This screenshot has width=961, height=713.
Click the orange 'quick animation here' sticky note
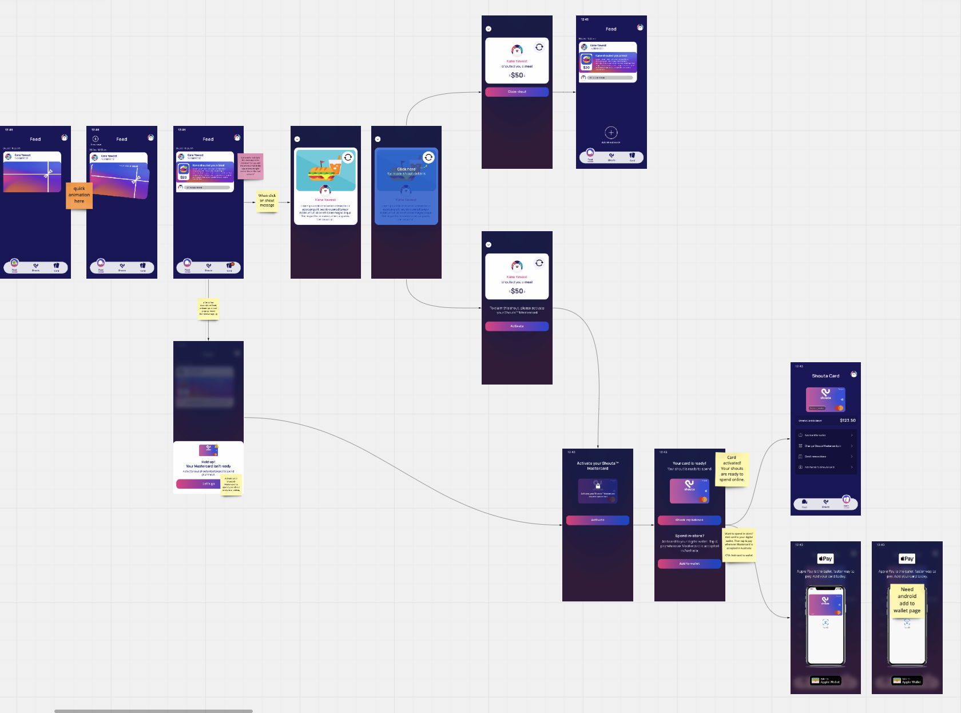pos(79,195)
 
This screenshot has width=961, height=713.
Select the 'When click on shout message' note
pos(267,200)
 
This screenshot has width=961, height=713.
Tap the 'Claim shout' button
pos(517,92)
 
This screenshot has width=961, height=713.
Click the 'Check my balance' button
pos(689,520)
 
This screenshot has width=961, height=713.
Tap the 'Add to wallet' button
pos(689,564)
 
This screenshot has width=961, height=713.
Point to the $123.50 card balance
pos(847,421)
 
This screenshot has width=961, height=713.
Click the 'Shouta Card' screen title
pos(825,376)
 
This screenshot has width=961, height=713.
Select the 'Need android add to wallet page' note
pos(907,600)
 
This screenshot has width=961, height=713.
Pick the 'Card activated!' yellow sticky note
pos(732,469)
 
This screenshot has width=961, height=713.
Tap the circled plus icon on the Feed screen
pos(611,133)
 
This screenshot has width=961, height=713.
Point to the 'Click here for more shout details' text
pos(406,171)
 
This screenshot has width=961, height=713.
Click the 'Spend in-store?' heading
pos(689,536)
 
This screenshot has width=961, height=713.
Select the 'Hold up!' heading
pos(208,462)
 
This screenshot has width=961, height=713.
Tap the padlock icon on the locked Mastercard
pos(598,486)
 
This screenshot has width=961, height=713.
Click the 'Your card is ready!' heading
pos(689,464)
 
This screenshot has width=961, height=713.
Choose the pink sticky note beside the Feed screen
pos(250,166)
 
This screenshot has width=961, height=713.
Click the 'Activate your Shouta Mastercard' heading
pos(597,466)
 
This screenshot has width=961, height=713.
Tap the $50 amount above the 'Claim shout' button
pos(517,76)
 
